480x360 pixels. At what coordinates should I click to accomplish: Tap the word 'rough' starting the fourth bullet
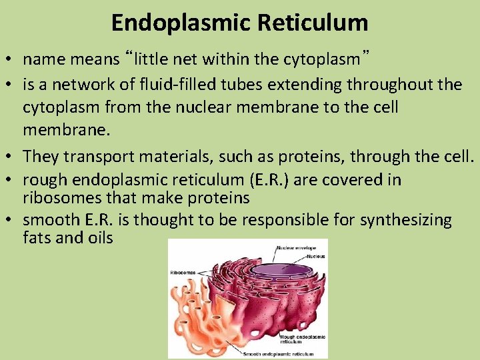pos(42,180)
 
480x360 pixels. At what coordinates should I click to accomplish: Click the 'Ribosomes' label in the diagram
pos(183,272)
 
